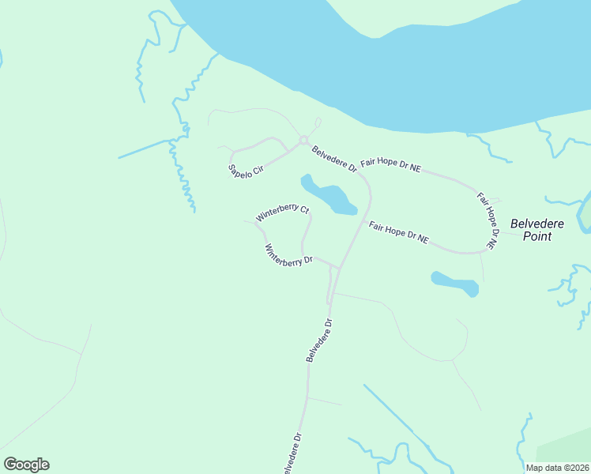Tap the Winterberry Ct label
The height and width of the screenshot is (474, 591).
pos(281,214)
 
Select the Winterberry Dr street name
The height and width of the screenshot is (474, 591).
pos(288,254)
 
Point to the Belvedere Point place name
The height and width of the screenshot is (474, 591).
pos(537,230)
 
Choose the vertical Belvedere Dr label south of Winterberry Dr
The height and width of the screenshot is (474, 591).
pos(321,340)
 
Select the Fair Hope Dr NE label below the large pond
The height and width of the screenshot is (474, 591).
pos(398,232)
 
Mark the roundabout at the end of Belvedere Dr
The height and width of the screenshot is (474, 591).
pos(303,141)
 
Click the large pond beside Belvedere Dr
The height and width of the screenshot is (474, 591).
pos(330,196)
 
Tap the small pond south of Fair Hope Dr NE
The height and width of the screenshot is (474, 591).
pos(455,283)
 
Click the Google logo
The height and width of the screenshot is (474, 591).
pos(26,464)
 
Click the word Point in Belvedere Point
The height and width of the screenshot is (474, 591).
pos(537,236)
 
